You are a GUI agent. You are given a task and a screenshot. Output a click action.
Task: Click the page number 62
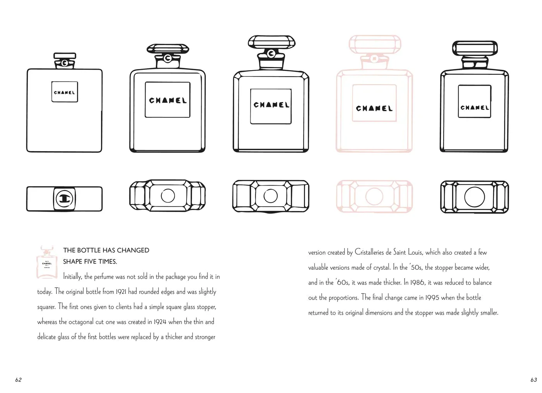pos(19,380)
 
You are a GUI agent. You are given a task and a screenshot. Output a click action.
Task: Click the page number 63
pos(534,380)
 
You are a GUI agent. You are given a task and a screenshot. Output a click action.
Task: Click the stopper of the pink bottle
pos(375,44)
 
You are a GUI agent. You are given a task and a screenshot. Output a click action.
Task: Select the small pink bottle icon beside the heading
pos(47,262)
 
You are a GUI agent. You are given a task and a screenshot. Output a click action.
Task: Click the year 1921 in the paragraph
pos(121,292)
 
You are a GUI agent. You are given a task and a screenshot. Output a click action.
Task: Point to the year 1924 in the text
pos(160,322)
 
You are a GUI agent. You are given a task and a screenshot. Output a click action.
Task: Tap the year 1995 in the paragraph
pos(432,298)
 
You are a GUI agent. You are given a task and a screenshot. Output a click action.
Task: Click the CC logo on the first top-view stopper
pos(64,199)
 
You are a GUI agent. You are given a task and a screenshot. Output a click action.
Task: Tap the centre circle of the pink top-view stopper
pos(374,196)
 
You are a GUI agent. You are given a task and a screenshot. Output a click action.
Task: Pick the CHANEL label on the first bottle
pos(65,92)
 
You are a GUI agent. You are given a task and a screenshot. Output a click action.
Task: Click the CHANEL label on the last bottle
pos(475,101)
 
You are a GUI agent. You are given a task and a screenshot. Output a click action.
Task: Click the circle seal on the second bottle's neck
pos(168,58)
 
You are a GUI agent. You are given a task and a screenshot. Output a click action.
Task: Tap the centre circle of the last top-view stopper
pos(475,197)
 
